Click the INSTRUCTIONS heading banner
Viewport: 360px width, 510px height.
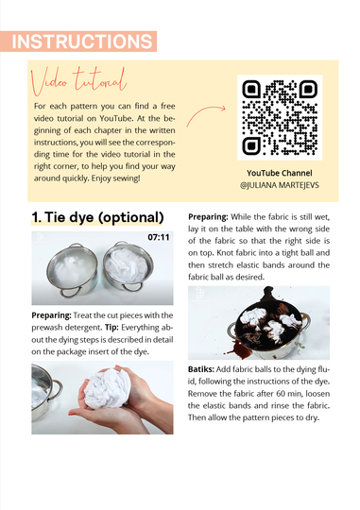tap(78, 42)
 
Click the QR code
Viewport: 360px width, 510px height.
tap(280, 117)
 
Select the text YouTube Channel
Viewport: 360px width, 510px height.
tap(280, 173)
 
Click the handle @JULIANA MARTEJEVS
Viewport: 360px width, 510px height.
tap(280, 185)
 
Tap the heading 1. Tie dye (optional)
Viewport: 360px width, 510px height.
tap(97, 217)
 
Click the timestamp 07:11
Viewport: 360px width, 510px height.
tap(159, 237)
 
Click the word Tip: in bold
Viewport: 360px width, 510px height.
tap(111, 327)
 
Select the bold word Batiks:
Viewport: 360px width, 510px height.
tap(201, 369)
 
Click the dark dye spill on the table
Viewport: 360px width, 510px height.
tap(239, 348)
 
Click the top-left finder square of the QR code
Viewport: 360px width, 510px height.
tap(251, 89)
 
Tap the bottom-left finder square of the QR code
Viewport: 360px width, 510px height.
tap(251, 146)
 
